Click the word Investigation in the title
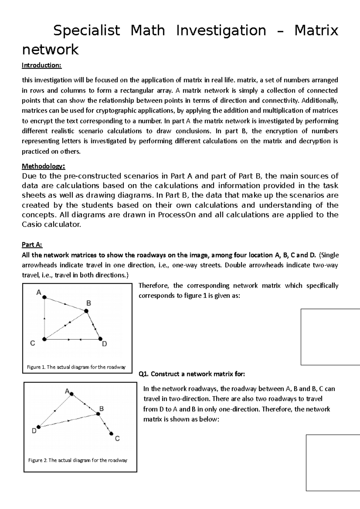pyautogui.click(x=221, y=31)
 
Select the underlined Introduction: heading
pyautogui.click(x=42, y=65)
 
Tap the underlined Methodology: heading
pyautogui.click(x=43, y=166)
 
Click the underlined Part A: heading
pyautogui.click(x=32, y=245)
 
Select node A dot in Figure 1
pyautogui.click(x=44, y=297)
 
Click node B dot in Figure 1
pyautogui.click(x=86, y=311)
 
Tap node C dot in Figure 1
pyautogui.click(x=44, y=339)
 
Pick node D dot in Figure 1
pyautogui.click(x=100, y=339)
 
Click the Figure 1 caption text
pyautogui.click(x=76, y=367)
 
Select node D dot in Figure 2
pyautogui.click(x=38, y=427)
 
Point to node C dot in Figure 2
pyautogui.click(x=111, y=433)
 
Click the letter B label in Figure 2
pyautogui.click(x=102, y=408)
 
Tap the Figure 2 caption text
pyautogui.click(x=78, y=460)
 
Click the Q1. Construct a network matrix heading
pyautogui.click(x=192, y=374)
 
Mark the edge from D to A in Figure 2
pyautogui.click(x=55, y=410)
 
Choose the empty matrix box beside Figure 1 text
pyautogui.click(x=330, y=337)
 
